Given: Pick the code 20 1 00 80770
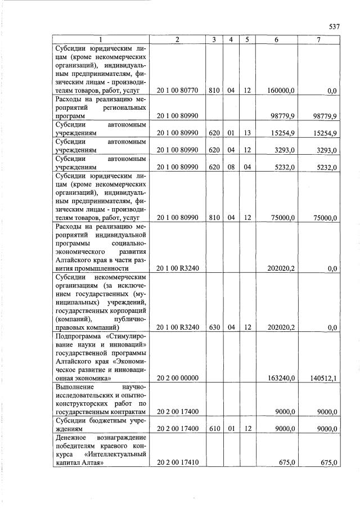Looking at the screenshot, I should click(x=177, y=90).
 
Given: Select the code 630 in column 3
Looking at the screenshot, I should click(x=214, y=327).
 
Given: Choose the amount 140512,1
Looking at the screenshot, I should click(x=323, y=377).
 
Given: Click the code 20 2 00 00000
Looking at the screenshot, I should click(x=177, y=377).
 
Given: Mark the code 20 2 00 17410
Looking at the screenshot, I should click(x=177, y=462).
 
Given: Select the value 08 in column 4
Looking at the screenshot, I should click(x=230, y=167).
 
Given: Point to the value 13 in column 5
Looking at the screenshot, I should click(x=246, y=133).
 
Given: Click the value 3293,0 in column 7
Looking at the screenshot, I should click(x=326, y=150).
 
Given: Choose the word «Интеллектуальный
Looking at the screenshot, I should click(x=116, y=454).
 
